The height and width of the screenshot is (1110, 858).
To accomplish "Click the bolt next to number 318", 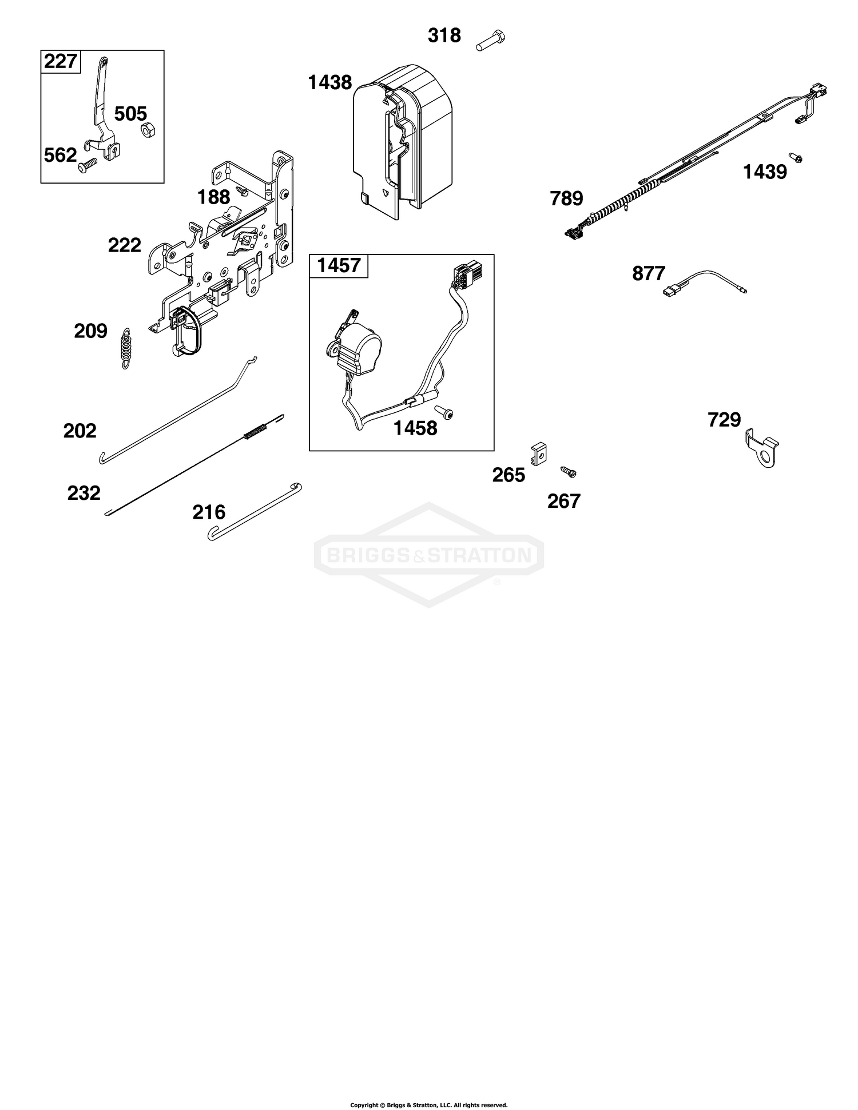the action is point(491,41).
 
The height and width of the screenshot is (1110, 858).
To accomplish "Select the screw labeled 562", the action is point(88,166).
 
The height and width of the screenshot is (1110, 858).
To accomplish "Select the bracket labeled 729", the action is point(762,450).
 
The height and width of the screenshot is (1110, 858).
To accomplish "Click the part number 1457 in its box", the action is point(339,265).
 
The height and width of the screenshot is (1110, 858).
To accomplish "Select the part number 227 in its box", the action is point(61,61).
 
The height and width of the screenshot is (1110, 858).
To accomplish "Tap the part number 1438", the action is point(329,83).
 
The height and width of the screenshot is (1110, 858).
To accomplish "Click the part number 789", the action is point(566,198).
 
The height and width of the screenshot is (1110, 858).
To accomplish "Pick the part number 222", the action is point(125,245).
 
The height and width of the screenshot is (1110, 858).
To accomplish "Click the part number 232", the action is point(84,493).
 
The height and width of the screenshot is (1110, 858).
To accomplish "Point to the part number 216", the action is point(209,512).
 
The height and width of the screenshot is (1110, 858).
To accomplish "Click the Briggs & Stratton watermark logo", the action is point(429,554).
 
